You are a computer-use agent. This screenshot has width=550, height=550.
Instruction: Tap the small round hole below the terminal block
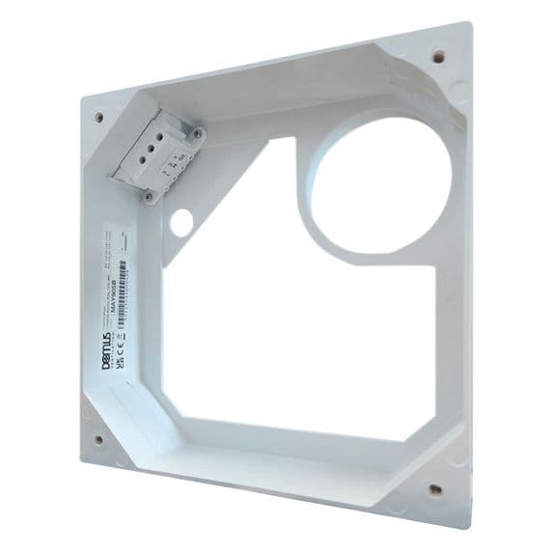tap(179, 221)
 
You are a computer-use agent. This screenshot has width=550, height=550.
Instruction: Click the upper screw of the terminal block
tap(198, 132)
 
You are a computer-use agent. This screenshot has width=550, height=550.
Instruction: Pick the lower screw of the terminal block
tap(150, 196)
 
